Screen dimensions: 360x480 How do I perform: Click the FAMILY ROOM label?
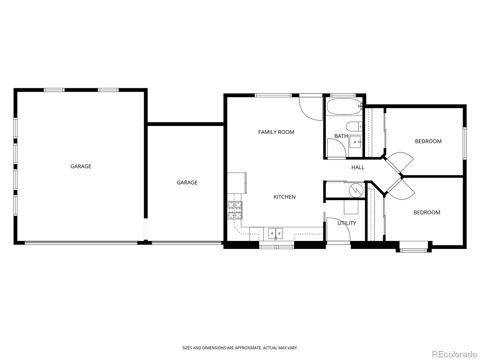(276, 132)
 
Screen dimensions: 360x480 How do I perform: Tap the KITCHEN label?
(284, 197)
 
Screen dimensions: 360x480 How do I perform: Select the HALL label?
(358, 167)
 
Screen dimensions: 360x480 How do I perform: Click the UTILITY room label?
(347, 223)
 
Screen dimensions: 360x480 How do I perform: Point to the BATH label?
(341, 136)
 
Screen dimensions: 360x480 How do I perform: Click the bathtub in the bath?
(344, 106)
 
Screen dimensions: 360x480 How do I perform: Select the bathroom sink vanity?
(356, 142)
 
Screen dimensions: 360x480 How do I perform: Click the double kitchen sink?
(275, 233)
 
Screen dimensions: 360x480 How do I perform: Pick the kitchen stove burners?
(235, 210)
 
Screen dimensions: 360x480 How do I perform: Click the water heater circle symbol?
(356, 190)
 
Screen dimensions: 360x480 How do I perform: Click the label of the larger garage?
(81, 166)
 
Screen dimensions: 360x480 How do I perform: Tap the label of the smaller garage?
(187, 182)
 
